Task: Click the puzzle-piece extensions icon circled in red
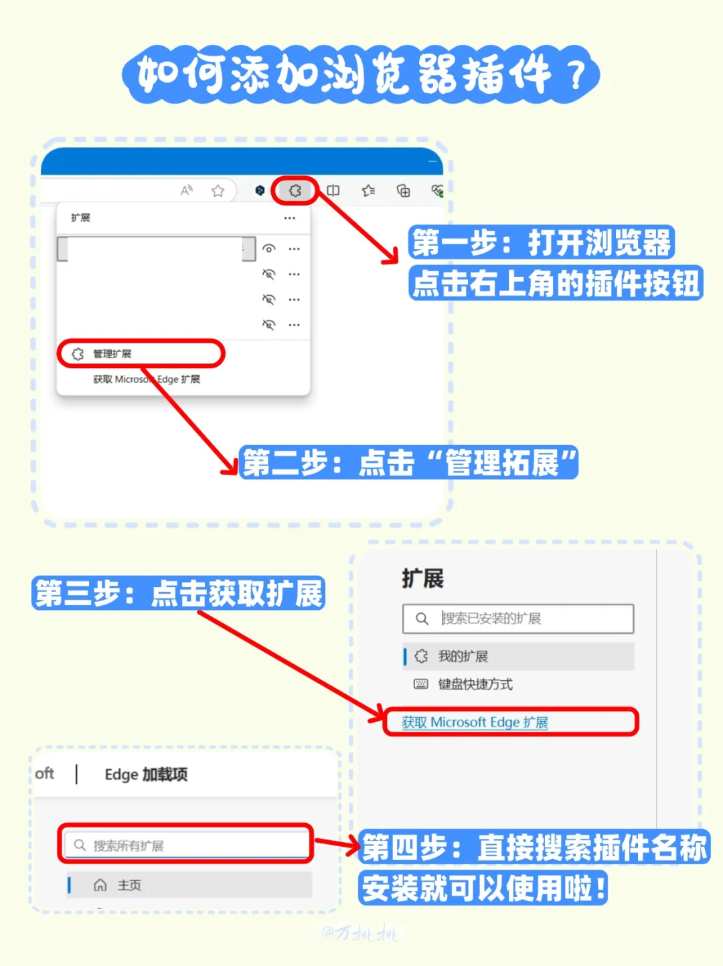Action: click(x=295, y=191)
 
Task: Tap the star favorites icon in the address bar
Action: click(x=218, y=191)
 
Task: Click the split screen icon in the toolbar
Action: click(x=333, y=191)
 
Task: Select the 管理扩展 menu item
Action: click(x=112, y=353)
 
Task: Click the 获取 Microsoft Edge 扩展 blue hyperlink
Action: click(x=475, y=722)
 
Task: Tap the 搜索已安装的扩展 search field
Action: click(x=518, y=619)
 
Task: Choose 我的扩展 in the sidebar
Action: click(x=463, y=656)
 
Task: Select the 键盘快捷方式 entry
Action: click(x=475, y=684)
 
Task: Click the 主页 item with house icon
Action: click(x=129, y=885)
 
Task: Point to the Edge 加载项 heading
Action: click(x=146, y=775)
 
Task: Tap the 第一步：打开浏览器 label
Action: click(x=541, y=242)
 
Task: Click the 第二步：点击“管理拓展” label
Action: click(x=408, y=463)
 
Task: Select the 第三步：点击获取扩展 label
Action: click(x=178, y=593)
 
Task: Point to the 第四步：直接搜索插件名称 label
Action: click(x=534, y=848)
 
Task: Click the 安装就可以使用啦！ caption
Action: click(x=483, y=888)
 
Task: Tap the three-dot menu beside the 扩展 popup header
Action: click(x=289, y=218)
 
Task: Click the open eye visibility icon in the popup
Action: click(x=268, y=248)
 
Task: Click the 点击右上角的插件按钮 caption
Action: click(x=555, y=283)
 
